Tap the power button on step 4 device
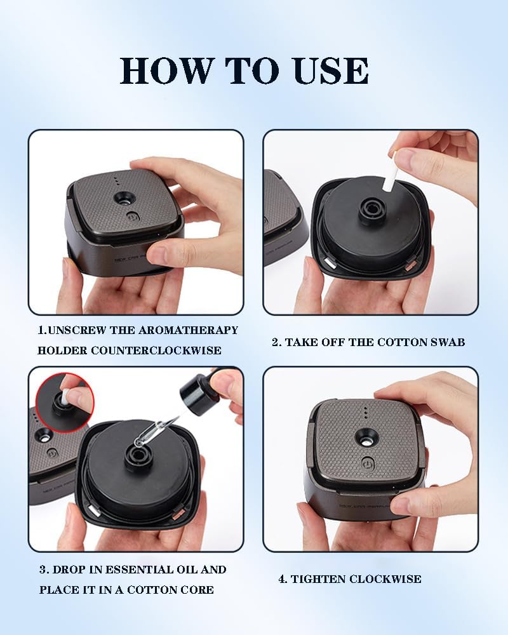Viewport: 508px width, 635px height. coord(367,462)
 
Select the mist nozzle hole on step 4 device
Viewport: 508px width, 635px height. coord(366,437)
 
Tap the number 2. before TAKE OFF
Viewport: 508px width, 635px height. coord(276,342)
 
